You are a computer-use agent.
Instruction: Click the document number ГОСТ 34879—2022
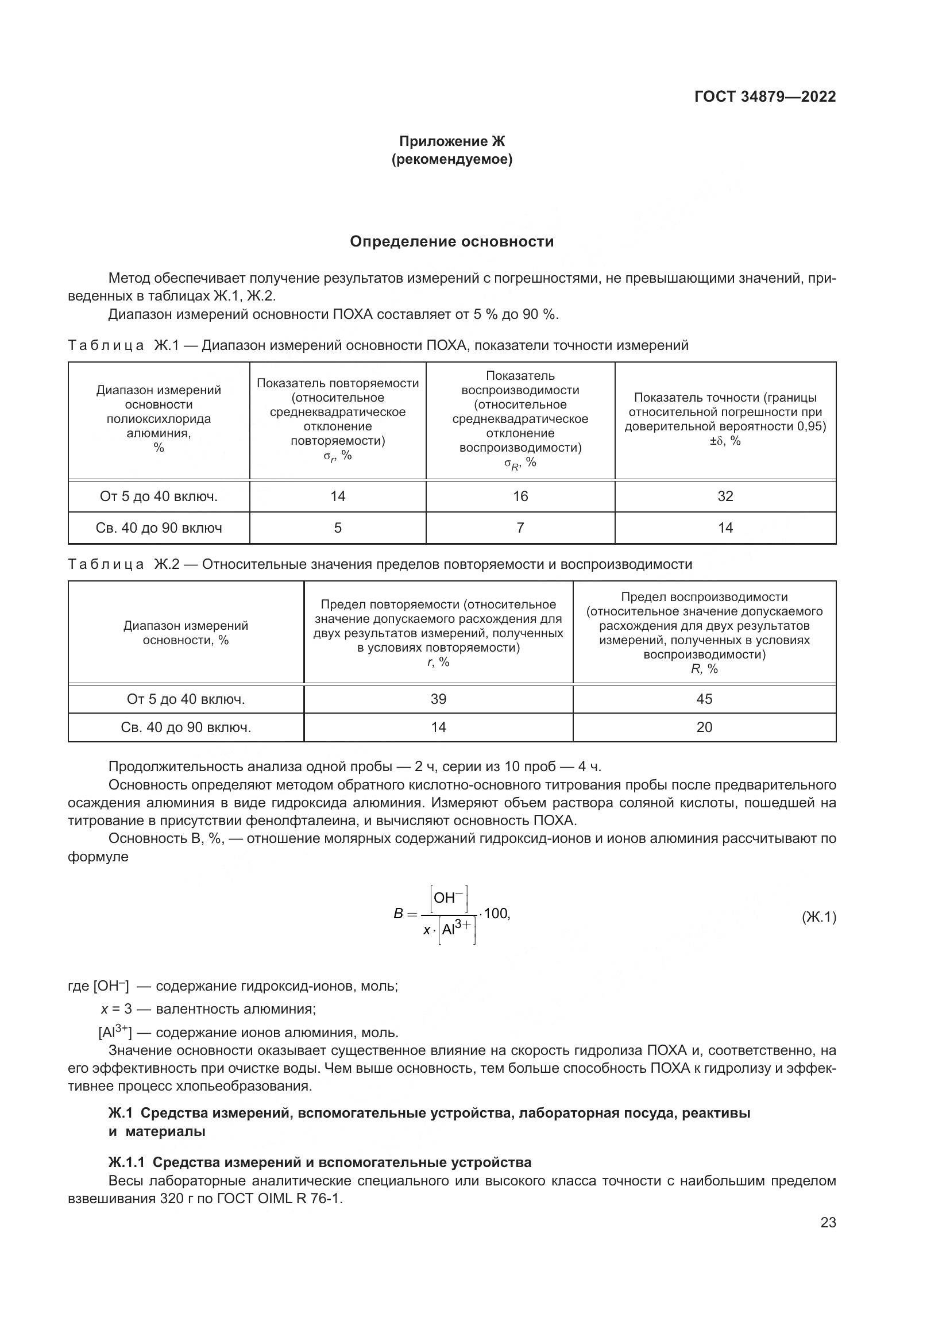(x=764, y=97)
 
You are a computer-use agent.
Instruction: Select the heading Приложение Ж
(x=451, y=141)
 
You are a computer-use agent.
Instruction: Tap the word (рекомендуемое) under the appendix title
(x=451, y=159)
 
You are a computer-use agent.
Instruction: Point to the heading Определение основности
(x=451, y=241)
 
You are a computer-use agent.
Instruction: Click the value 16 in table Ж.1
(x=520, y=496)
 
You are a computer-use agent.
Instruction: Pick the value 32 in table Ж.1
(x=725, y=496)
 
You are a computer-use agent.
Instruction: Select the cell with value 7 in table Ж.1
(x=520, y=528)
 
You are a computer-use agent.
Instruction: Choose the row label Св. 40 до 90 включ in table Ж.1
(x=159, y=528)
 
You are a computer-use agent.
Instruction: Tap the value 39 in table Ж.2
(x=438, y=699)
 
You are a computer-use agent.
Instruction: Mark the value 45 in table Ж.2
(x=704, y=699)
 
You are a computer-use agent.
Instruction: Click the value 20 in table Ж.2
(x=704, y=727)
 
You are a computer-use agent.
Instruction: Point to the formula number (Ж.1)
(x=818, y=917)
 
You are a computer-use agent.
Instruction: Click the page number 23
(x=828, y=1222)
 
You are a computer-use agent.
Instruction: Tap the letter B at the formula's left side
(x=399, y=914)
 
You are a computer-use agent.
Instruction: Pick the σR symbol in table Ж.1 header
(x=519, y=463)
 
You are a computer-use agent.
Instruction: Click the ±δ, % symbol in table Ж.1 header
(x=725, y=441)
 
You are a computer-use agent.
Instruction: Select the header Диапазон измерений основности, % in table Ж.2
(x=186, y=633)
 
